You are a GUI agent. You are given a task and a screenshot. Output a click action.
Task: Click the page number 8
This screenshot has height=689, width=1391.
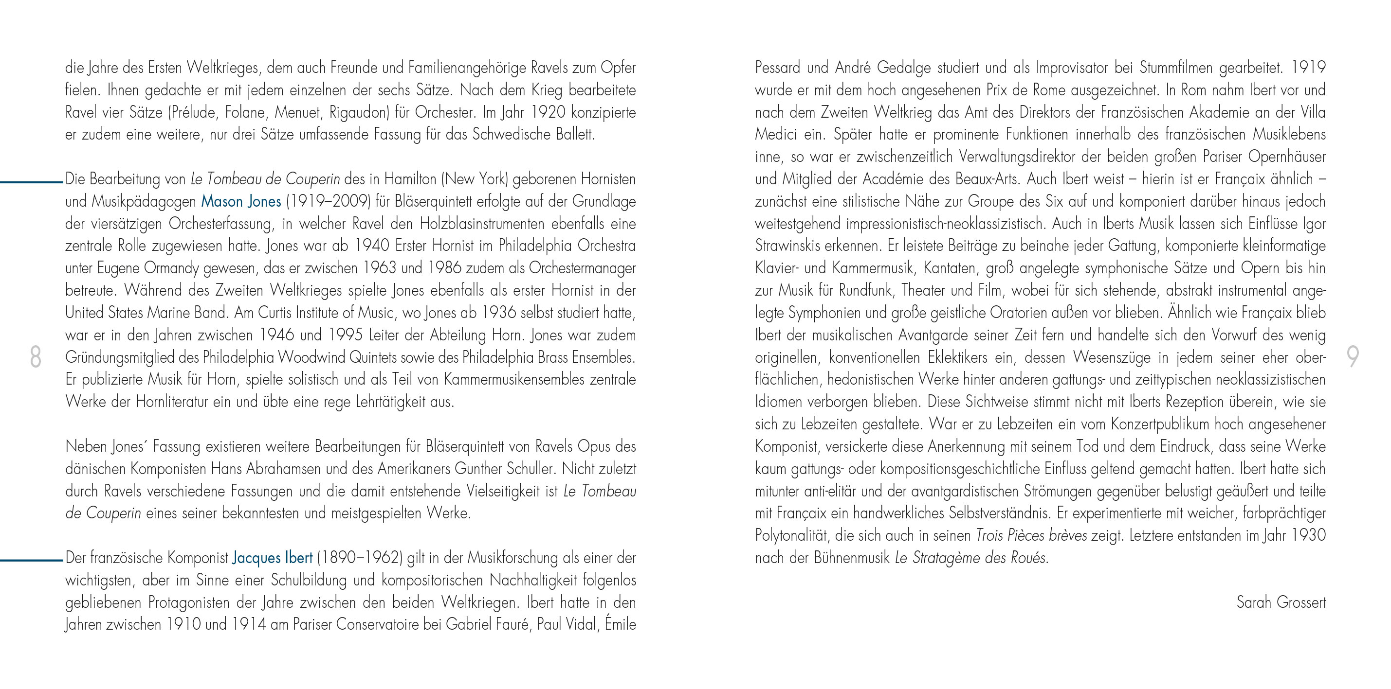pyautogui.click(x=36, y=357)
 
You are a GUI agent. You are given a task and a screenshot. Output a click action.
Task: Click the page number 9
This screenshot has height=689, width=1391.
pyautogui.click(x=1353, y=357)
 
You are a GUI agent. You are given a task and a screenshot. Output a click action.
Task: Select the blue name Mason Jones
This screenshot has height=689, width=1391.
pyautogui.click(x=241, y=202)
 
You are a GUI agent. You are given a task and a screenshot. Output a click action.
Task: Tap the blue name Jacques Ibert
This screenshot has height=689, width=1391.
pyautogui.click(x=272, y=558)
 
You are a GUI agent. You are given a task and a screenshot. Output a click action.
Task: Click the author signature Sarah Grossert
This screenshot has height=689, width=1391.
pyautogui.click(x=1281, y=602)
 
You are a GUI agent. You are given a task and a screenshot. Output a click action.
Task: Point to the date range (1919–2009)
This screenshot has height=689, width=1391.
pyautogui.click(x=328, y=202)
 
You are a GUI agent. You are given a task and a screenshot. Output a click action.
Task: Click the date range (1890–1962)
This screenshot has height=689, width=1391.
pyautogui.click(x=360, y=558)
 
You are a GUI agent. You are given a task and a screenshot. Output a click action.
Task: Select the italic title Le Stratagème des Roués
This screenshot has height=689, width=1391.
pyautogui.click(x=971, y=558)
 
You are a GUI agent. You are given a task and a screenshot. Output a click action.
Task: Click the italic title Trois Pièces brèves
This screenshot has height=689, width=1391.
pyautogui.click(x=1031, y=536)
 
